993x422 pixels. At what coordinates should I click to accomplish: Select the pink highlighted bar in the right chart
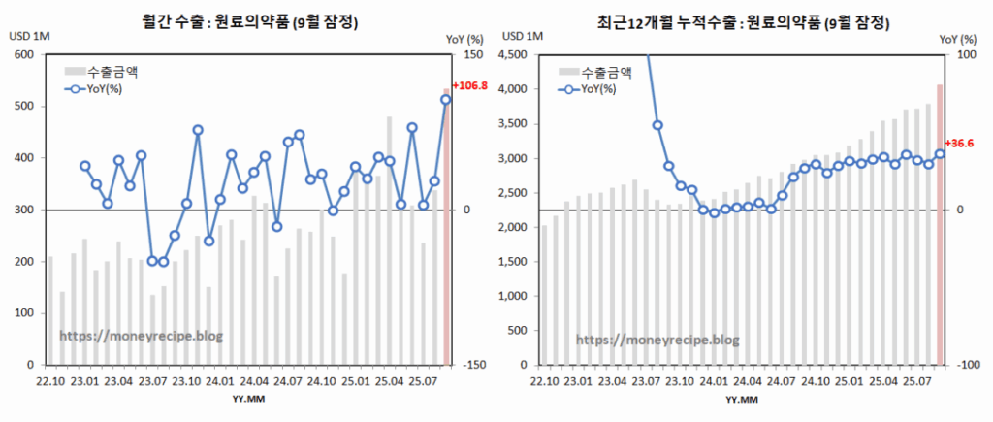point(940,224)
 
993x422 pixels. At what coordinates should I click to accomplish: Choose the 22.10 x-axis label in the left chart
point(50,380)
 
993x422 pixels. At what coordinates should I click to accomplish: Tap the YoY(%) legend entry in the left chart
point(97,90)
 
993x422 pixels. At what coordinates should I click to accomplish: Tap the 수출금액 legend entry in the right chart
point(601,71)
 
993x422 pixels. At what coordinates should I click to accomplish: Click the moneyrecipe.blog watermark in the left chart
point(141,335)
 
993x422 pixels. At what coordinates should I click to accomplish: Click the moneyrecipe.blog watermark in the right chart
point(657,340)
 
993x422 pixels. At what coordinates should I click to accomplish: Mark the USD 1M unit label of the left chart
point(27,37)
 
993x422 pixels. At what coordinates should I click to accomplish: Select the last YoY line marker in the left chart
point(446,100)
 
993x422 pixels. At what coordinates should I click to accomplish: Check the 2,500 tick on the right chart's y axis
point(512,193)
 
